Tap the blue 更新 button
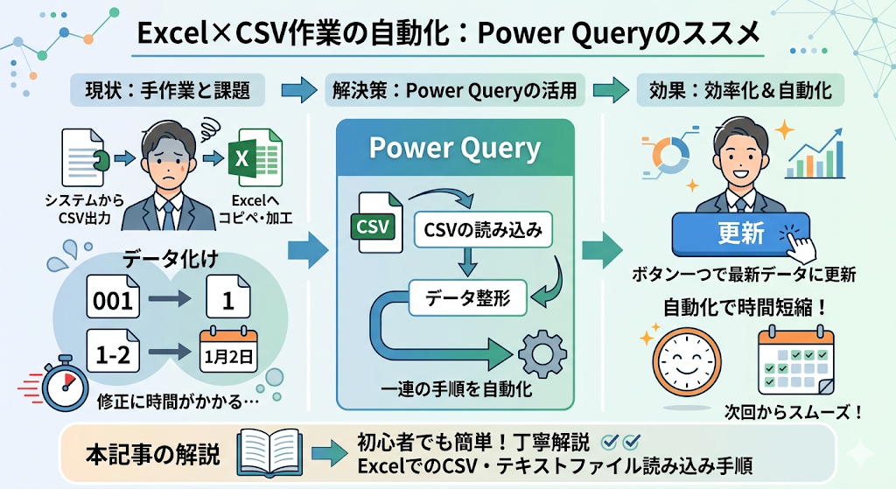point(740,233)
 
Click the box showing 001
point(114,300)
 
